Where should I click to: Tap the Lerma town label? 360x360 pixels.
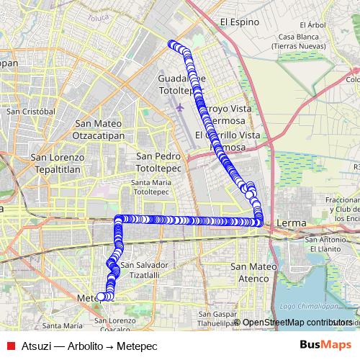coord(291,224)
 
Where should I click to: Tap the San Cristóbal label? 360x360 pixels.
coord(30,112)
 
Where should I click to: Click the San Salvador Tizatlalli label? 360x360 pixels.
coord(145,269)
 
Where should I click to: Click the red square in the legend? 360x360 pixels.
coord(11,345)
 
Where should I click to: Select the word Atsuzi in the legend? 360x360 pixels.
coord(36,345)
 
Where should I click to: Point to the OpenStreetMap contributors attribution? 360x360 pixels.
coord(297,323)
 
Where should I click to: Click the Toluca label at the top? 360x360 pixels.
coord(96,15)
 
